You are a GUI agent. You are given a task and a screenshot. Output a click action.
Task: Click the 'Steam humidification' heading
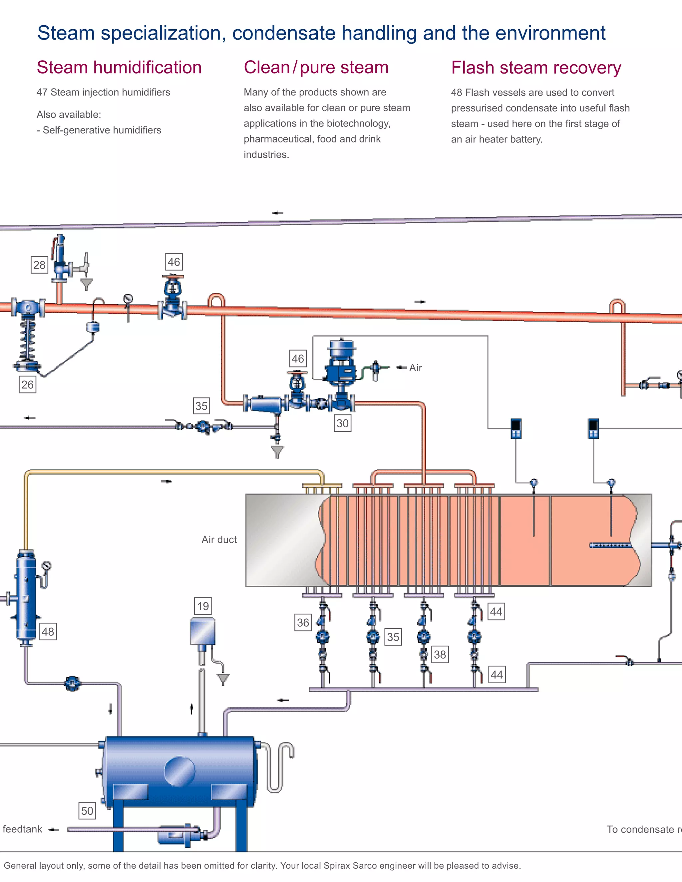coord(119,68)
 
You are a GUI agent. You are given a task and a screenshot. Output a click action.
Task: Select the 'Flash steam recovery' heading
coord(536,68)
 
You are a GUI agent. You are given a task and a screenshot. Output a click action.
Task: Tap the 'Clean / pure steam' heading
coord(316,68)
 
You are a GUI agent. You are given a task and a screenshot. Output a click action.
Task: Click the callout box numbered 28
coord(39,265)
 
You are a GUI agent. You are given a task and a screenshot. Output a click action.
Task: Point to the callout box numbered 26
coord(28,384)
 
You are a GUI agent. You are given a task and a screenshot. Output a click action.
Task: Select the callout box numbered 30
coord(342,423)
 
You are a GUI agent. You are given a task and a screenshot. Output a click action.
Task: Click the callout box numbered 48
coord(48,632)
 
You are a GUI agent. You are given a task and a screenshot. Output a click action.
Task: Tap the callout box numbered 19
coord(203,606)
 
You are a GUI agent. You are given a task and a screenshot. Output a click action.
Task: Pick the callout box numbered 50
coord(87,811)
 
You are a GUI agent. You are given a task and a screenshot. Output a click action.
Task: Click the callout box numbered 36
coord(303,623)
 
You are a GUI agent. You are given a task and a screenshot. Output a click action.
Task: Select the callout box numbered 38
coord(440,654)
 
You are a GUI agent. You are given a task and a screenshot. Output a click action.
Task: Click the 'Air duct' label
coord(219,540)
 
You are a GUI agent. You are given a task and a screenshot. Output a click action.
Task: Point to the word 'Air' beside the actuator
coord(415,367)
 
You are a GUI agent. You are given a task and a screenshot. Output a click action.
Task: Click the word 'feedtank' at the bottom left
coord(22,829)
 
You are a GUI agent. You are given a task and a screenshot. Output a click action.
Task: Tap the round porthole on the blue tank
coord(180,772)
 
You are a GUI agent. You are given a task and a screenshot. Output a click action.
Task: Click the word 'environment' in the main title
coord(550,33)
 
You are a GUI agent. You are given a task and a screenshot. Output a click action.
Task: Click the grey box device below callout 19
coord(202,632)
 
